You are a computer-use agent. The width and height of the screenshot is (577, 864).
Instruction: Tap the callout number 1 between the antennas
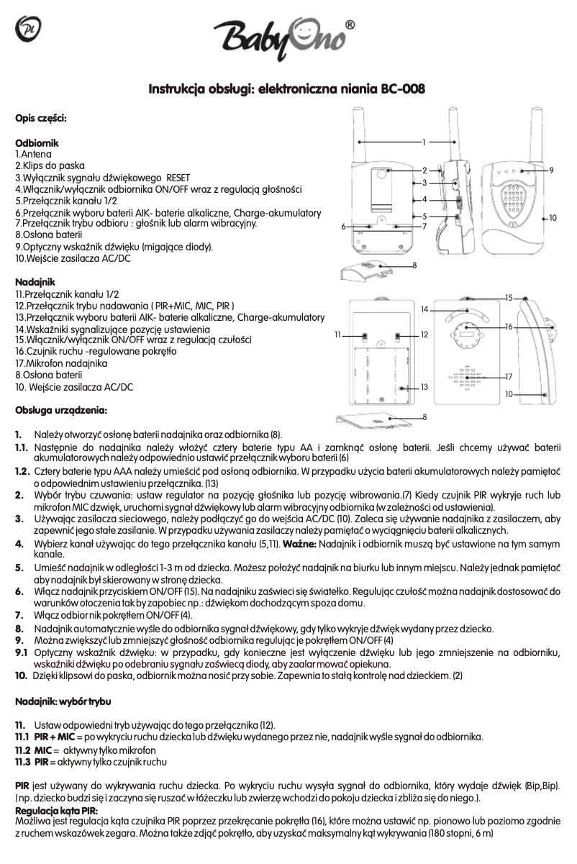tap(424, 142)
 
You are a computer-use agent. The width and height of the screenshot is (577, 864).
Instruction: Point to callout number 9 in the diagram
tap(550, 170)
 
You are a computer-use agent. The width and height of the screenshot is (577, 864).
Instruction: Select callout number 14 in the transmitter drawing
tap(425, 309)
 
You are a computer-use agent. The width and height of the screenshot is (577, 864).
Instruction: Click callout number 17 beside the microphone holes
tap(509, 377)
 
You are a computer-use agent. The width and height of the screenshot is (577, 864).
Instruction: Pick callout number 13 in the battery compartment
tap(424, 387)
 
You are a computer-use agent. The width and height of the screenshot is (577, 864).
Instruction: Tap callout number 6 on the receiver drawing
tap(343, 227)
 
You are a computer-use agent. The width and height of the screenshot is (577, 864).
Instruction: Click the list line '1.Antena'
tap(32, 154)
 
